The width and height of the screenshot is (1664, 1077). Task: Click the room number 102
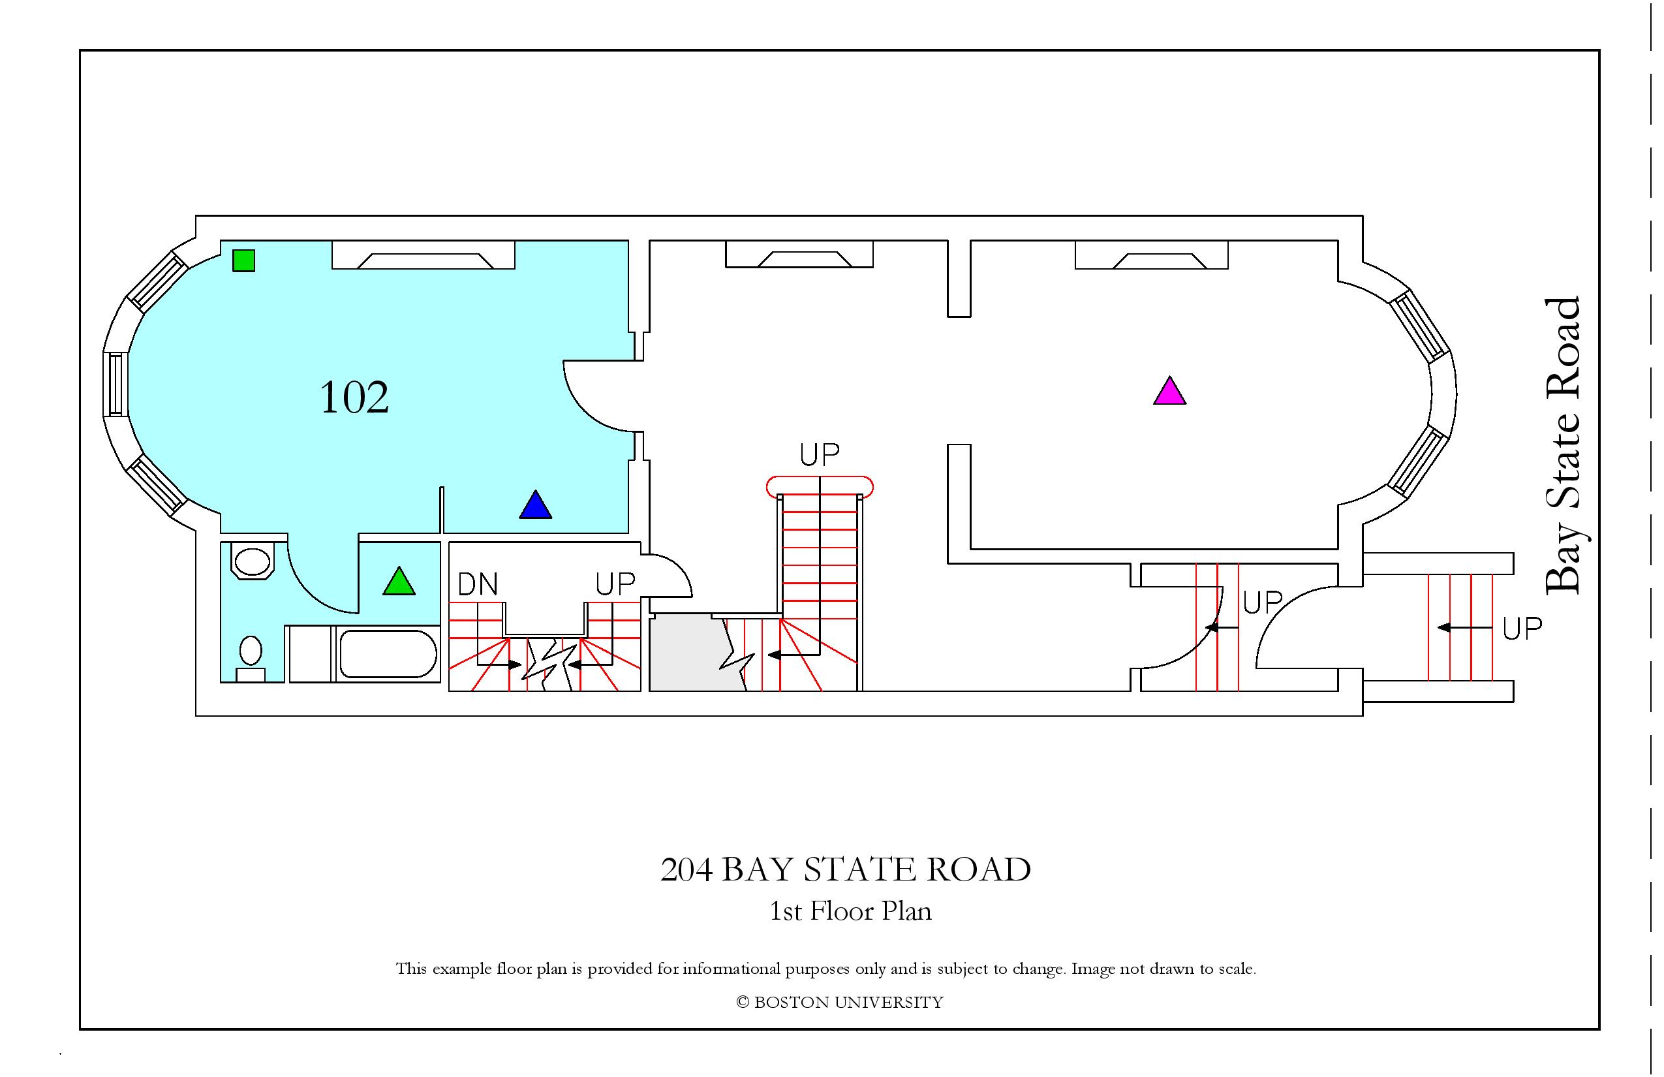click(354, 398)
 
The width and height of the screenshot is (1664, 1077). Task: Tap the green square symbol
click(244, 260)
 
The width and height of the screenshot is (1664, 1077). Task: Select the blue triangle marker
click(536, 504)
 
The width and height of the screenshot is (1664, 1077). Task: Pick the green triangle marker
click(399, 581)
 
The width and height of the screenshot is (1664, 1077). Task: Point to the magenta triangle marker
click(1169, 391)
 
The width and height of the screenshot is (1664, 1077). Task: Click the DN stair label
click(478, 584)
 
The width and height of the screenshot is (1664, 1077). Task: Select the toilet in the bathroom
click(251, 657)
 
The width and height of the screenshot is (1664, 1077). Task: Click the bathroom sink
click(252, 561)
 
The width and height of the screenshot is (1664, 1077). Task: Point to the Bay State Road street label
click(1563, 446)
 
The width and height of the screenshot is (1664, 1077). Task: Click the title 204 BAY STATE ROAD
click(845, 870)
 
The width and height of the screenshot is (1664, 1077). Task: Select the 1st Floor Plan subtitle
click(850, 911)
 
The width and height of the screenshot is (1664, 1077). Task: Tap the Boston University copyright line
click(840, 1002)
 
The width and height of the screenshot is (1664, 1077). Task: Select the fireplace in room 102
click(423, 255)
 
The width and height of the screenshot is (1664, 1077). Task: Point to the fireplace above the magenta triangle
click(1152, 255)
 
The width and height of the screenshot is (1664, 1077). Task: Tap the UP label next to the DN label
click(615, 584)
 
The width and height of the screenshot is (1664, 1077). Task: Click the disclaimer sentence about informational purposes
click(825, 969)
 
